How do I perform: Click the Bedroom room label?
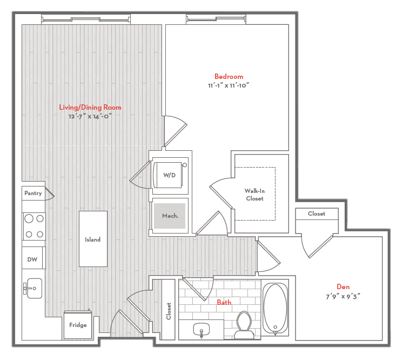pos(229,77)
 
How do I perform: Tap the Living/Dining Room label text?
pos(90,108)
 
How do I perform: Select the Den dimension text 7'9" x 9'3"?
pos(342,296)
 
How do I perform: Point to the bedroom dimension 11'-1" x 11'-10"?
pos(229,85)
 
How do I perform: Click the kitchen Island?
pos(93,239)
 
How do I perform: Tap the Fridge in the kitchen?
pos(78,324)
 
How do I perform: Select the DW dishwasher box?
pos(33,259)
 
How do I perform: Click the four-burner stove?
pos(33,226)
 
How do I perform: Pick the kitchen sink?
pos(33,288)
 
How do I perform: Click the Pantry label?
pos(33,193)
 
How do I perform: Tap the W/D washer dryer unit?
pos(170,175)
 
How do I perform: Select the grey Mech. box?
pos(170,216)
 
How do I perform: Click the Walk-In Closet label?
pos(254,195)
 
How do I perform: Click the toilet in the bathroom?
pos(244,324)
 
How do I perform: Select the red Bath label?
pos(224,303)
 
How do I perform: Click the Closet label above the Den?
pos(317,214)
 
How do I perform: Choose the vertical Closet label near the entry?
pos(169,310)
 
